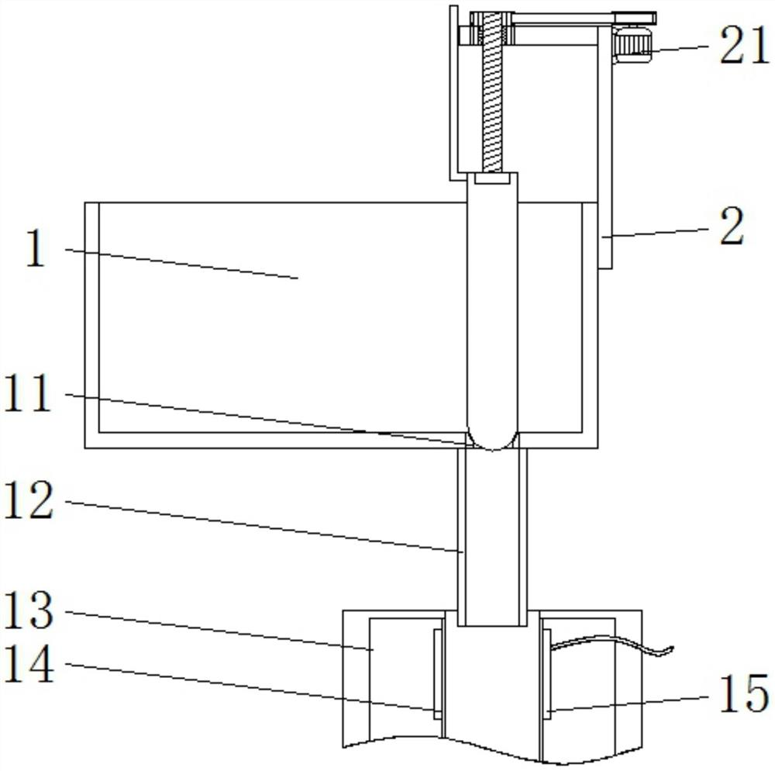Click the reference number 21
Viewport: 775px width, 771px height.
[x=744, y=46]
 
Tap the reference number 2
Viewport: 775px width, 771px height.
[x=732, y=227]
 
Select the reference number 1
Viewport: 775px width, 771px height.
[x=36, y=249]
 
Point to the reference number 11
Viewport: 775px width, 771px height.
[x=28, y=393]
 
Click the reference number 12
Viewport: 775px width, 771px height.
[x=28, y=501]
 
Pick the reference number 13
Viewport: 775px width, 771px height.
[x=28, y=611]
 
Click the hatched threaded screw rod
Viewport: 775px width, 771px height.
[x=492, y=92]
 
